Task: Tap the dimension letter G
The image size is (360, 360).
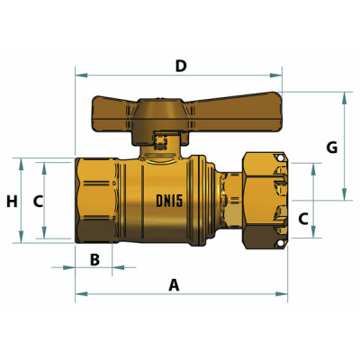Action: [332, 147]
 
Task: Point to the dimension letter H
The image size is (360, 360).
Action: [12, 202]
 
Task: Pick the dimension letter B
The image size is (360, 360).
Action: [94, 259]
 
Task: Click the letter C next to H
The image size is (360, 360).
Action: [38, 202]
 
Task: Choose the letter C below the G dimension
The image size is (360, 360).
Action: [303, 218]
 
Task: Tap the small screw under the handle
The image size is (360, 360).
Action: [161, 140]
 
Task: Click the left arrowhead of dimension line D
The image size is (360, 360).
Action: [78, 75]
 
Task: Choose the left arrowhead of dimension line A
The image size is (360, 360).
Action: [78, 294]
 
